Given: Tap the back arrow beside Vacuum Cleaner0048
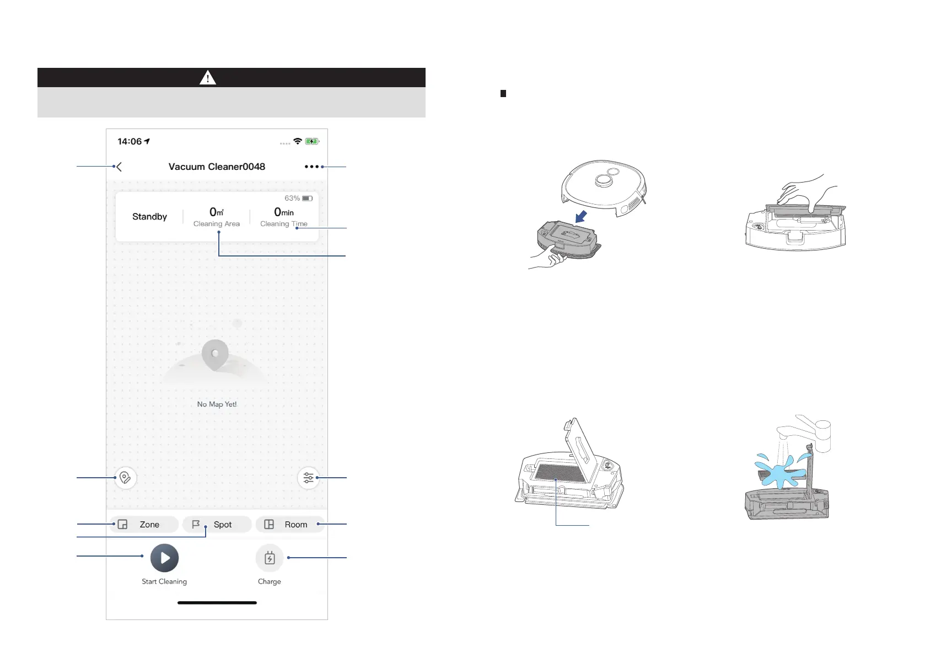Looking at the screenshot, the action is tap(119, 167).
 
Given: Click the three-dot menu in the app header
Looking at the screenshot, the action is tap(311, 167).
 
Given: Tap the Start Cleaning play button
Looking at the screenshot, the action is tap(164, 558).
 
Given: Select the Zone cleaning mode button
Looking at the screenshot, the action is tap(144, 525).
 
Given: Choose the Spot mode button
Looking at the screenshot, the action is tap(217, 525).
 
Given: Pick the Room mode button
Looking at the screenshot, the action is tap(289, 525).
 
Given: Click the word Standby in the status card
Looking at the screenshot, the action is tap(149, 217).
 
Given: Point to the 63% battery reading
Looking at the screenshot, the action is tap(292, 198).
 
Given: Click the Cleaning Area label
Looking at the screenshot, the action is tap(216, 224).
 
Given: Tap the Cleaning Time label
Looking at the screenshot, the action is tap(283, 224).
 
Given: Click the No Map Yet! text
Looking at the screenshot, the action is tap(217, 404).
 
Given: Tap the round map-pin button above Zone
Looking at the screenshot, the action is tap(125, 478).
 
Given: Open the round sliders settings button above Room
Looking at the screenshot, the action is tap(308, 478).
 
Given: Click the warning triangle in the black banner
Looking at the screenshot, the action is tap(208, 78).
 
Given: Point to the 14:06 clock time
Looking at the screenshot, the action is tap(130, 142).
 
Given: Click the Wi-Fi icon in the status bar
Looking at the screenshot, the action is tap(298, 141).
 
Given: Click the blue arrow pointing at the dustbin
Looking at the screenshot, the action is tap(581, 216).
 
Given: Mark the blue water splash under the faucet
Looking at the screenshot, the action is tap(778, 473).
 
